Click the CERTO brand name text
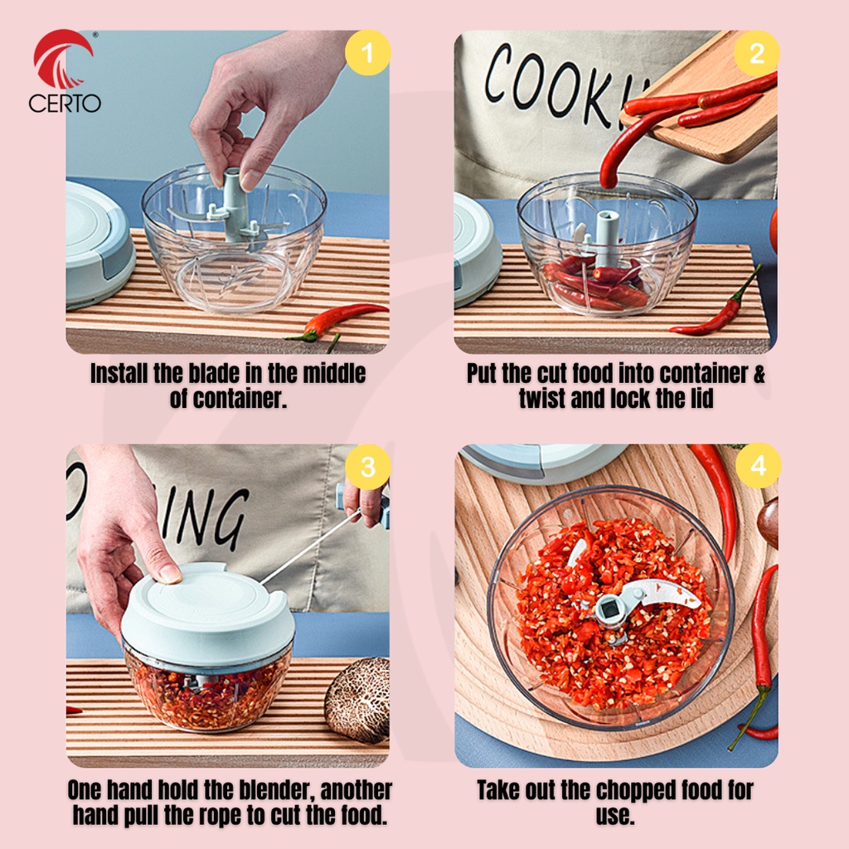point(65,103)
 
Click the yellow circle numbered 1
point(367,52)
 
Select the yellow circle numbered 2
point(756,52)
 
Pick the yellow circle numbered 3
point(367,467)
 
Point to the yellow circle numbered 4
point(758,465)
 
